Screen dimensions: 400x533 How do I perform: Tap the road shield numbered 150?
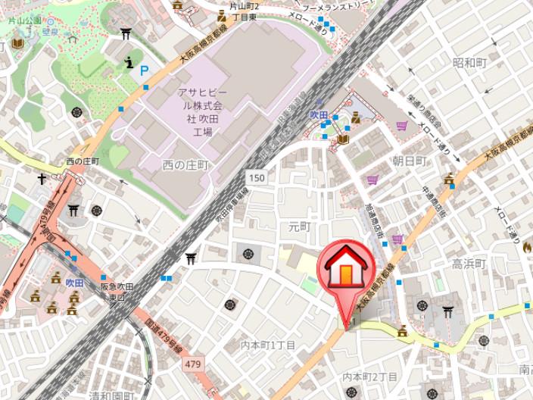tap(256, 177)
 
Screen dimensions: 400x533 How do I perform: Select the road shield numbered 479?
tap(192, 364)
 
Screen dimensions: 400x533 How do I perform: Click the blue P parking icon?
tap(144, 70)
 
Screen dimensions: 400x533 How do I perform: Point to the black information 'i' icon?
tap(129, 62)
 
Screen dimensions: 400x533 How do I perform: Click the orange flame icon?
tap(526, 246)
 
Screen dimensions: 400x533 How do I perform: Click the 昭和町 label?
tap(469, 62)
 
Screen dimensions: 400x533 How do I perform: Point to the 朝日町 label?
tap(409, 161)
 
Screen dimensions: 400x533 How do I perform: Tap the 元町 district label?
tap(300, 227)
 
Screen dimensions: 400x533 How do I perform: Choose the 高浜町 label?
tap(468, 264)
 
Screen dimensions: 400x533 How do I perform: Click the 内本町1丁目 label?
tap(267, 345)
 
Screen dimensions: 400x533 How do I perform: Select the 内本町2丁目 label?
tap(370, 377)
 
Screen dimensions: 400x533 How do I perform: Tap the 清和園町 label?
tap(111, 395)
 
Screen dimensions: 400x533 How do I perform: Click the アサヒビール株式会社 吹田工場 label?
tap(200, 111)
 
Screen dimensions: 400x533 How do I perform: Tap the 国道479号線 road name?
tap(164, 330)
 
